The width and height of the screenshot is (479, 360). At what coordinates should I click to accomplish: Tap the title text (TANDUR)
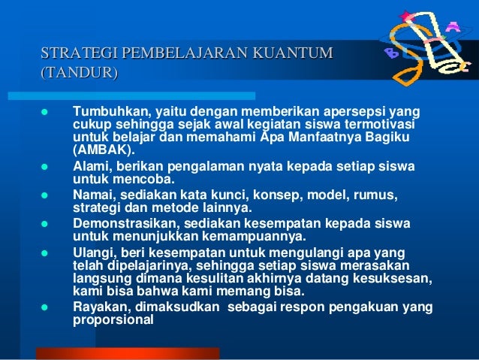[79, 73]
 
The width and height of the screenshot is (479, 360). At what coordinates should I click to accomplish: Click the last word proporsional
[113, 318]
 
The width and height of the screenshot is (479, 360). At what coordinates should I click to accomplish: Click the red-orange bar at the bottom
[128, 353]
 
